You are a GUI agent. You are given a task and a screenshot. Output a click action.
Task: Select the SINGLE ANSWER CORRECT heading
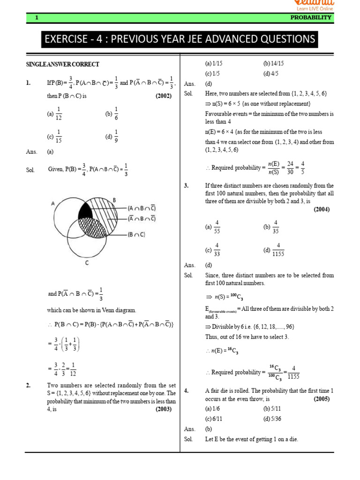(x=62, y=64)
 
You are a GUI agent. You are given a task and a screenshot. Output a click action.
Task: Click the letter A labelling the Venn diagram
(x=53, y=202)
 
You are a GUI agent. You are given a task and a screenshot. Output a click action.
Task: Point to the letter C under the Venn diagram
(x=87, y=263)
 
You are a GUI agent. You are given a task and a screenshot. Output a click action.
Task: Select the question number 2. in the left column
(x=29, y=385)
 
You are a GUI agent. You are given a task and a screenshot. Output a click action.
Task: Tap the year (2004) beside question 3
(x=322, y=210)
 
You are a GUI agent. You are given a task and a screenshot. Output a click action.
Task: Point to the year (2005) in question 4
(x=322, y=399)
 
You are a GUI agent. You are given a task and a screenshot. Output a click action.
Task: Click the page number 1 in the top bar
(x=36, y=17)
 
